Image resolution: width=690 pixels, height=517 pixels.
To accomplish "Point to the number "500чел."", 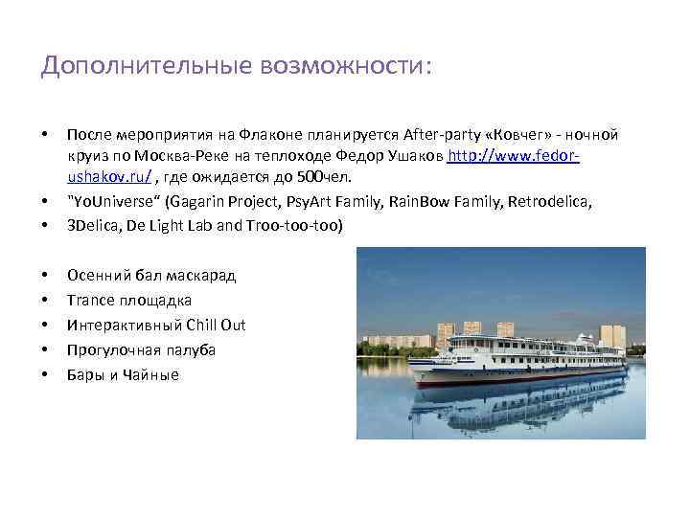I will tap(320, 177).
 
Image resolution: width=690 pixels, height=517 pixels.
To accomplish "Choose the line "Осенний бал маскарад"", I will tap(151, 276).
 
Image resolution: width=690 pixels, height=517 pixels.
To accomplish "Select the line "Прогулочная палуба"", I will tap(141, 350).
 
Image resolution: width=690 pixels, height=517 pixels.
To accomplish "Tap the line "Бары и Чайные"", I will tap(123, 375).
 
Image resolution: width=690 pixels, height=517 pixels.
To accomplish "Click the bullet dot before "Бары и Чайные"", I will tap(45, 375).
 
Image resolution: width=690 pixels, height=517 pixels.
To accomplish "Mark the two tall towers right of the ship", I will tap(612, 335).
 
